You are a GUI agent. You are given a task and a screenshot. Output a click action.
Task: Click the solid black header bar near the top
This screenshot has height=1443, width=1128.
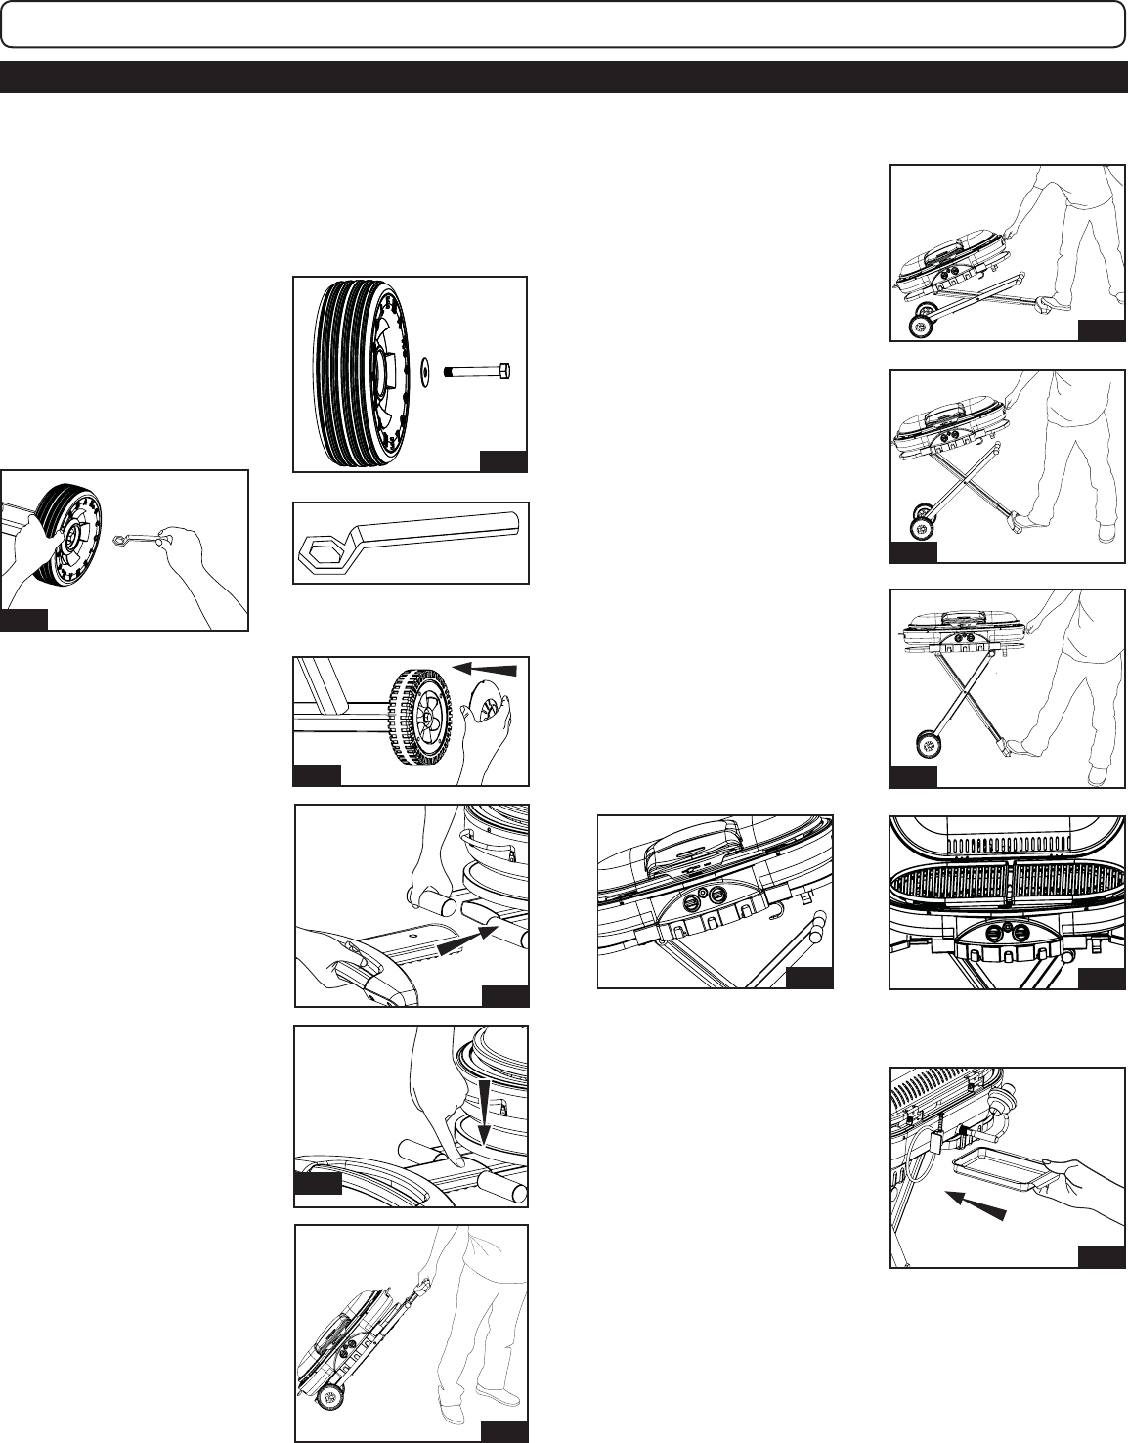[x=563, y=77]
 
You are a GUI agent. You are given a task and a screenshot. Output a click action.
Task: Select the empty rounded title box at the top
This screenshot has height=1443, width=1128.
[x=563, y=23]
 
